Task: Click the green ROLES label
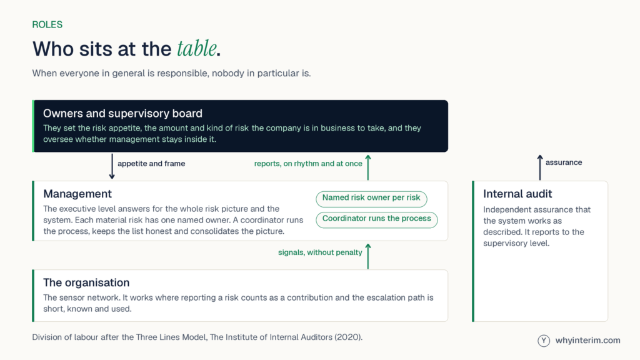point(47,24)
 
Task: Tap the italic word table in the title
point(197,49)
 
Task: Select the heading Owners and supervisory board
point(123,114)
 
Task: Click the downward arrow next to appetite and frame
point(112,166)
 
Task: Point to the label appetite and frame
point(151,164)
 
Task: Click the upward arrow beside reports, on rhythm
point(367,167)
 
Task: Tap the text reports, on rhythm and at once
point(308,164)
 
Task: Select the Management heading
point(77,194)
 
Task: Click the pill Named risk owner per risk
point(371,199)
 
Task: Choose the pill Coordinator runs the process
point(377,219)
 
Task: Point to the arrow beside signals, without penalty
point(367,256)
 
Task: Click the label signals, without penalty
point(320,252)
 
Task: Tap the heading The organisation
point(86,282)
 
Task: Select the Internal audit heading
point(517,194)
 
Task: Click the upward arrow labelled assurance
point(540,167)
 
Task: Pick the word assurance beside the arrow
point(564,162)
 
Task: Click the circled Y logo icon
point(544,341)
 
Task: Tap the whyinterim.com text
point(587,341)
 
